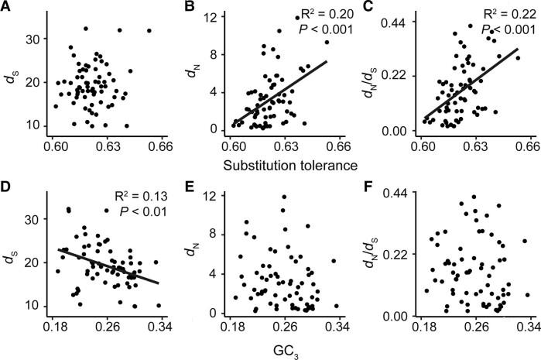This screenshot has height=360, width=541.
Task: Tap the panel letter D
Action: (x=8, y=191)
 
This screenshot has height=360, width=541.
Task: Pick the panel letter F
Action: (x=369, y=191)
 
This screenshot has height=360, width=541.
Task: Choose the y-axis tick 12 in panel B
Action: (x=217, y=17)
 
